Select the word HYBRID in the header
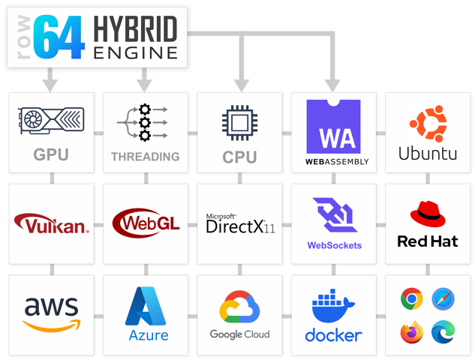[x=136, y=30]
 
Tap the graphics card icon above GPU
[x=52, y=121]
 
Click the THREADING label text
[x=146, y=157]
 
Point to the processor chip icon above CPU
[x=239, y=122]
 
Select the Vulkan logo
[x=52, y=223]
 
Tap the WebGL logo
[x=146, y=223]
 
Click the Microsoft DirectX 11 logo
[x=239, y=223]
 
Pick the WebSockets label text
[x=334, y=245]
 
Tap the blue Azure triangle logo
[x=146, y=306]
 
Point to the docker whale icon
[x=334, y=308]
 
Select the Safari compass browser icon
[x=443, y=299]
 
